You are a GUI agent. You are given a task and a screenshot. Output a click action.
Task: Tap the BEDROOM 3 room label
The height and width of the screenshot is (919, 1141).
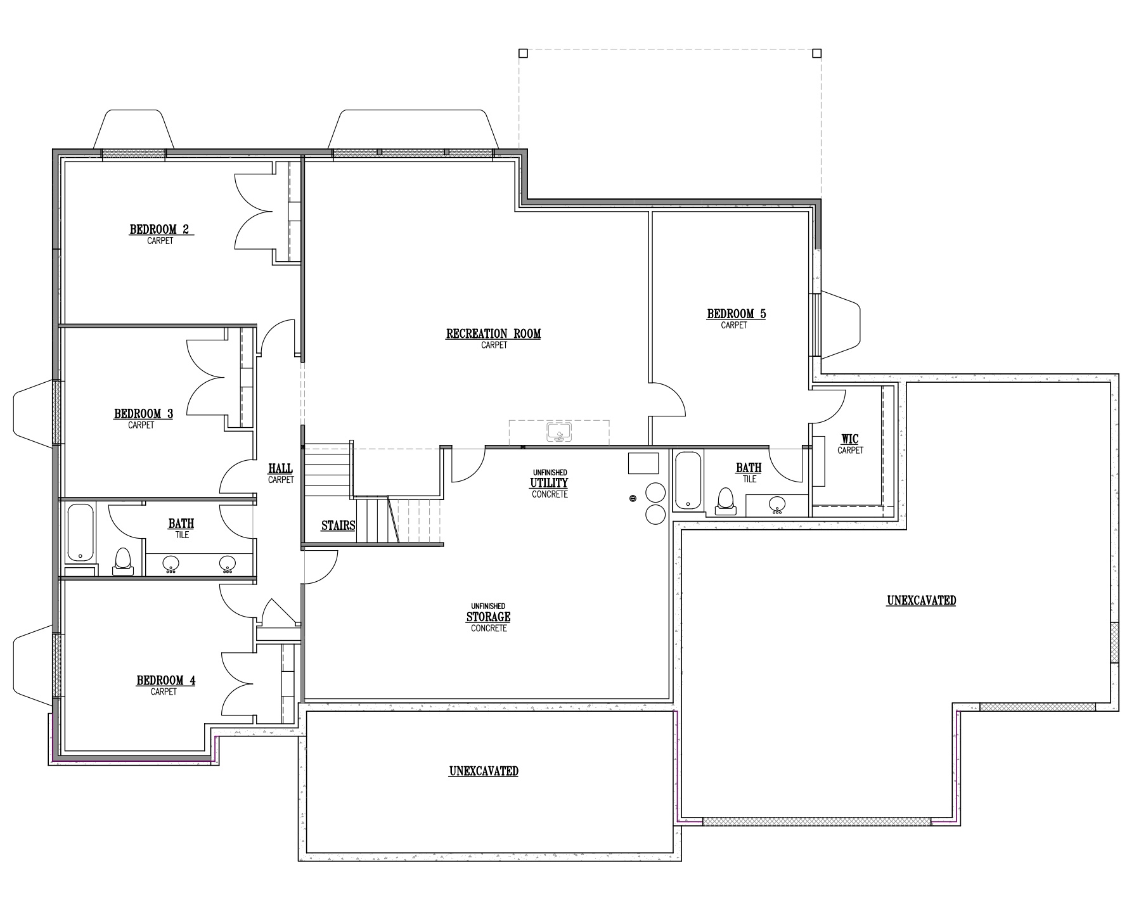tap(143, 414)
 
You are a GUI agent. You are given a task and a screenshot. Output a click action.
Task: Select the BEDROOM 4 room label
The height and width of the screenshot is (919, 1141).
tap(165, 681)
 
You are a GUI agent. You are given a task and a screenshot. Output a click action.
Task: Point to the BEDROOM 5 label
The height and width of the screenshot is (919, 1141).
tap(736, 314)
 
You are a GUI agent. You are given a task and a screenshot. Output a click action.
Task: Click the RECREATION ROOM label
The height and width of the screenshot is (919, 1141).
tap(493, 334)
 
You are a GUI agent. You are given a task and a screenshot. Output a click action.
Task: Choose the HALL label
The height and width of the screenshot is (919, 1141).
tap(280, 468)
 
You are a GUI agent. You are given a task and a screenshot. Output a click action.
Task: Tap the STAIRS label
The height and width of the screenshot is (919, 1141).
tap(338, 525)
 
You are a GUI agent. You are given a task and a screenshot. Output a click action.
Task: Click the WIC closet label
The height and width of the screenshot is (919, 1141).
tap(849, 439)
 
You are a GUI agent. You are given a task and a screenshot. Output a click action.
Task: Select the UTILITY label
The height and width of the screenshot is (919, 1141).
tap(549, 483)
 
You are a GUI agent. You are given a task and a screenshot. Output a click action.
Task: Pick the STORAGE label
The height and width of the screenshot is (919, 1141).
tap(488, 617)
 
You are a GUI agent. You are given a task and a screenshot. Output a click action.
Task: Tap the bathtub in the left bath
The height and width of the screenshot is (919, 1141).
tap(81, 532)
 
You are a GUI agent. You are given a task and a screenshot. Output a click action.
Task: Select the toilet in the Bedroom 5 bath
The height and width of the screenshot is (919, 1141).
tap(725, 501)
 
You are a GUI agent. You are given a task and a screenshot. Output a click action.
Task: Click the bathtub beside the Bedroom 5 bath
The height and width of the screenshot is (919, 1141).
tap(688, 480)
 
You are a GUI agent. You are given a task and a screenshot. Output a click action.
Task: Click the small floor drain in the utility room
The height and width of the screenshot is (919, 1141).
tap(633, 499)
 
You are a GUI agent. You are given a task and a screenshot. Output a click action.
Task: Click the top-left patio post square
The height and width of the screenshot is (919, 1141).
tap(523, 53)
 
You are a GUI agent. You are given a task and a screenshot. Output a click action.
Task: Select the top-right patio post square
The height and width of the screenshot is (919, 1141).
tap(817, 53)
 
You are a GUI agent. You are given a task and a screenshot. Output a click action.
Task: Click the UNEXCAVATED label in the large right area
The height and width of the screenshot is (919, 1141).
tap(921, 600)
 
